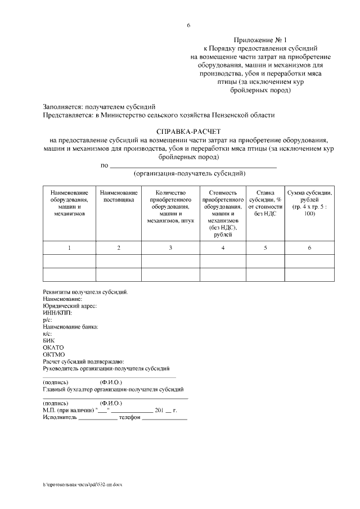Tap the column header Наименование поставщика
click(x=119, y=196)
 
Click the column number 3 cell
click(x=170, y=248)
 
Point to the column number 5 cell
click(x=265, y=248)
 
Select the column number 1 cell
click(x=69, y=248)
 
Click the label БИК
click(x=49, y=340)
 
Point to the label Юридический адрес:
click(x=70, y=306)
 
